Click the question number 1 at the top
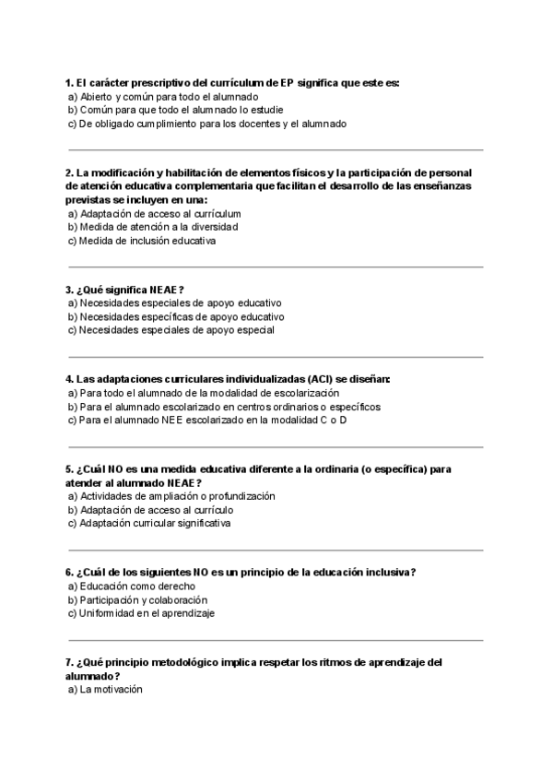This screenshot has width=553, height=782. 69,82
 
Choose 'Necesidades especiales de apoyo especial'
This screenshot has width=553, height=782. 170,329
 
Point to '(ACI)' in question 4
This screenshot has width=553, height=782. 322,379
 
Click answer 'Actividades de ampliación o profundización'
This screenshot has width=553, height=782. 171,496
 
